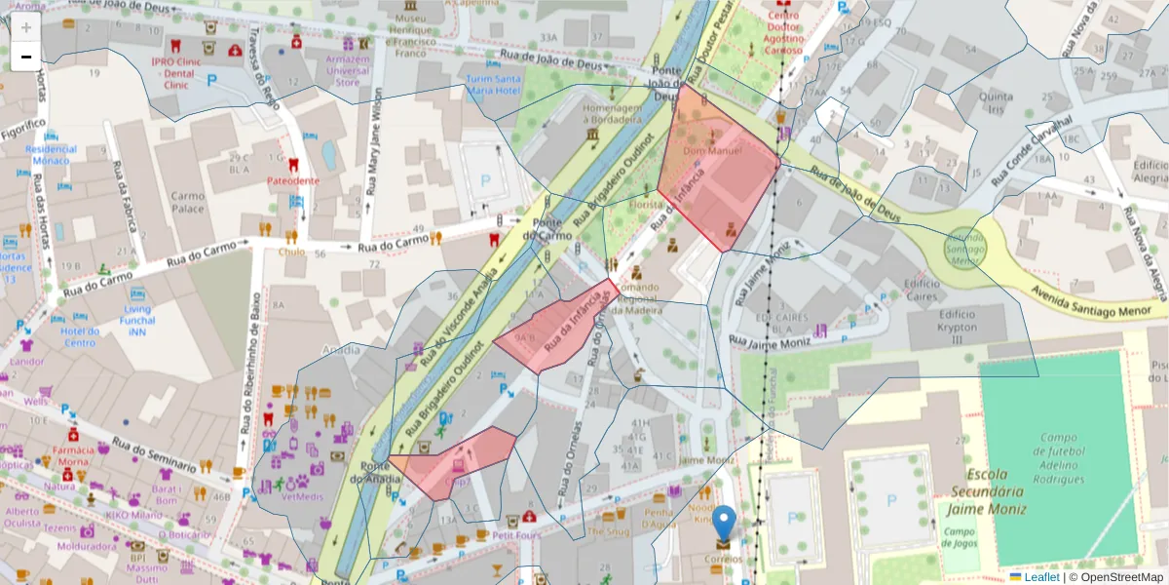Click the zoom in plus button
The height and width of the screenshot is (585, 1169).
point(26,27)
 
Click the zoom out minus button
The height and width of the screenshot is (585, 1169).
point(26,57)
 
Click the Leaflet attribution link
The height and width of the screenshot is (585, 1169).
point(1041,577)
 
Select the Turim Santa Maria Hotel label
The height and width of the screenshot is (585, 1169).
point(493,85)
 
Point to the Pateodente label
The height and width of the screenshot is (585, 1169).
point(293,180)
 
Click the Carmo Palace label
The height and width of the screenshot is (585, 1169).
point(188,202)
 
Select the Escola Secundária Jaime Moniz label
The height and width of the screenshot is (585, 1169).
point(985,494)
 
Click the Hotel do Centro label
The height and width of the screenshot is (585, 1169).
point(80,336)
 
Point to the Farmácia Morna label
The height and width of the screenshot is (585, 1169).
point(73,455)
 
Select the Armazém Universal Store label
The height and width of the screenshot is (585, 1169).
point(348,70)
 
